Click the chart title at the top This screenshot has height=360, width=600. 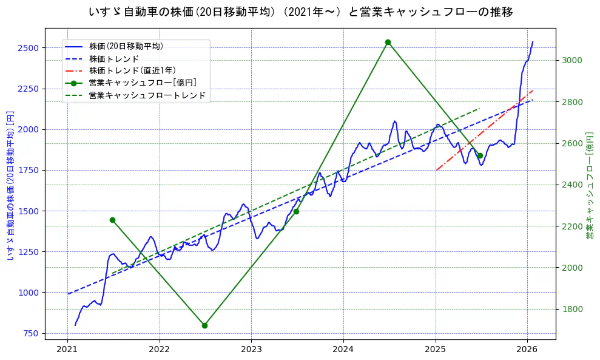(x=300, y=12)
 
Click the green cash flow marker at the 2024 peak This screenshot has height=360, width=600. (x=388, y=42)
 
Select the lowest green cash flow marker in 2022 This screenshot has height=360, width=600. (x=204, y=325)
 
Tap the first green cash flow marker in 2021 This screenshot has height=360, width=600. (x=112, y=220)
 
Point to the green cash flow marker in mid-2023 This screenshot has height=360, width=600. (x=296, y=211)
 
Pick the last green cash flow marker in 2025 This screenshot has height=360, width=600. (x=480, y=155)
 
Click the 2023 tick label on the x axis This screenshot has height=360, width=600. (x=251, y=349)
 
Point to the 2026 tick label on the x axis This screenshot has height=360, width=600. (x=527, y=349)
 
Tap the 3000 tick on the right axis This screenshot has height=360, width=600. (x=571, y=60)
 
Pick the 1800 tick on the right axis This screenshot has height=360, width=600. (x=571, y=309)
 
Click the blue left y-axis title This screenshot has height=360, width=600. (x=10, y=185)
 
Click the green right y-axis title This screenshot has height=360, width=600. (x=589, y=185)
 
